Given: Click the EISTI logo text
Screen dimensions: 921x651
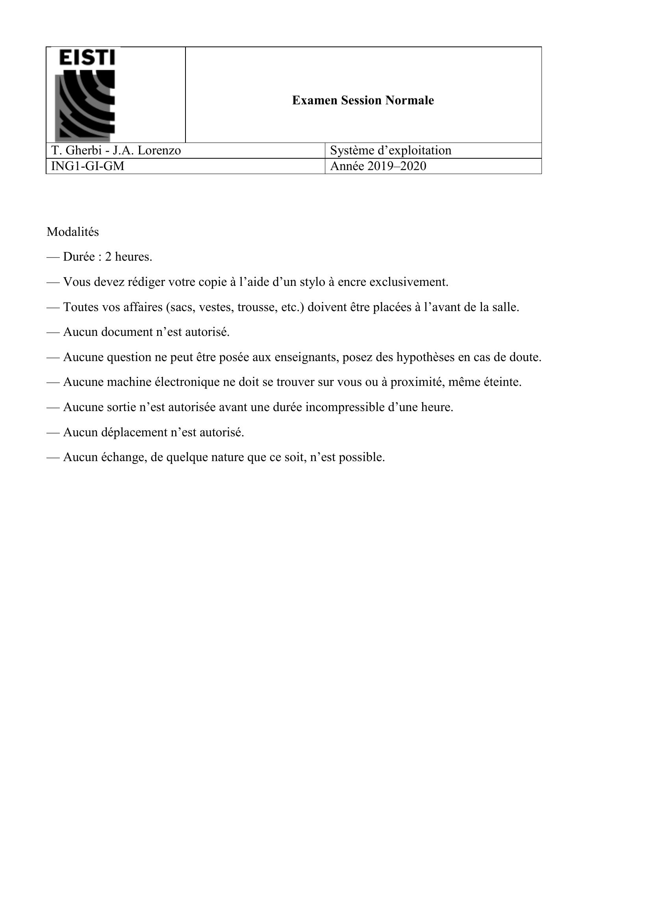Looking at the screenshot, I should pyautogui.click(x=87, y=57).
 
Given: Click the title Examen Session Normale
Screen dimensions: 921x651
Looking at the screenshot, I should pyautogui.click(x=363, y=100).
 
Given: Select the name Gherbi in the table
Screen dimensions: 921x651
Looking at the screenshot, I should pyautogui.click(x=82, y=150).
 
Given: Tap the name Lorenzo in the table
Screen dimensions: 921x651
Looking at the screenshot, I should pyautogui.click(x=159, y=150).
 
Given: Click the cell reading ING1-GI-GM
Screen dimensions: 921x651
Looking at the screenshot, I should pyautogui.click(x=88, y=166).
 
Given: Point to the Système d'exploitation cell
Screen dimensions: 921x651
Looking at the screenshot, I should pyautogui.click(x=390, y=150).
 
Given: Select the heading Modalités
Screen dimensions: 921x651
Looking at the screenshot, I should pyautogui.click(x=72, y=232).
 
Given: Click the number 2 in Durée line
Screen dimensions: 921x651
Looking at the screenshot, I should pyautogui.click(x=108, y=257).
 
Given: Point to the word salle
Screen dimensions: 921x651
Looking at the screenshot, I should pyautogui.click(x=507, y=307).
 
